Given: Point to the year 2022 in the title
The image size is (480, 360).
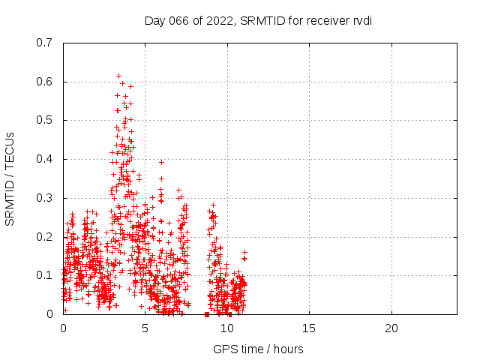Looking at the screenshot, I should pos(217,20).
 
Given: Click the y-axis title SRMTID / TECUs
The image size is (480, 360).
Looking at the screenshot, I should pos(10,178).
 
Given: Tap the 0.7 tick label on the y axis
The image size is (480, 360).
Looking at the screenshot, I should pos(44,43).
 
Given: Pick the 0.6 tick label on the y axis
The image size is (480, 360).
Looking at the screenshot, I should pos(44,82).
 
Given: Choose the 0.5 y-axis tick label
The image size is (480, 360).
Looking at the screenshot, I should pos(44,120).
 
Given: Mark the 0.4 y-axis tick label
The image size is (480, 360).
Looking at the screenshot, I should pos(44,159).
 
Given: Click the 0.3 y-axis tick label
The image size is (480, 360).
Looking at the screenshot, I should pos(44,198).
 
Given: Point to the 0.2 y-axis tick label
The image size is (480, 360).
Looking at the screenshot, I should pos(44,236).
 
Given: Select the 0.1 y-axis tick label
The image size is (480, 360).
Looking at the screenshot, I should pos(44,275).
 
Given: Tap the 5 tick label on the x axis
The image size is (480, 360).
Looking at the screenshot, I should pos(145,328).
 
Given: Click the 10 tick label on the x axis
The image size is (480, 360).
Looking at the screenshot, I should pos(226,328).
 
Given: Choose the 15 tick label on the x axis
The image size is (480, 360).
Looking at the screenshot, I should pos(309,328).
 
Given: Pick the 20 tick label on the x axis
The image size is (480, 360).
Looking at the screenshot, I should pos(391,328).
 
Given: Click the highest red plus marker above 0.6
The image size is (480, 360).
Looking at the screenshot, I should pos(118,76).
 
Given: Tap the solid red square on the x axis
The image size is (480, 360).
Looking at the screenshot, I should pos(207,314).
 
